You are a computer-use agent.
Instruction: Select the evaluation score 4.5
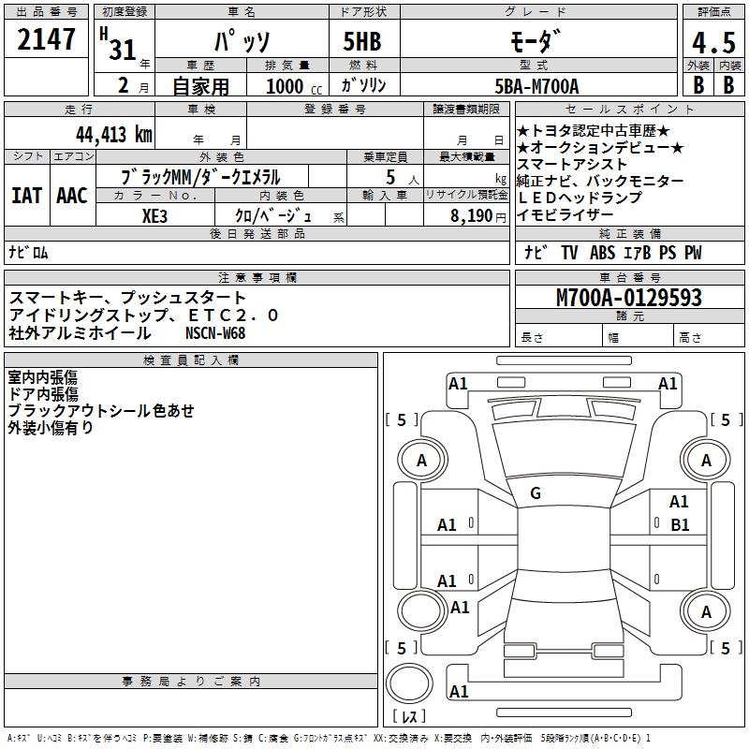(x=713, y=43)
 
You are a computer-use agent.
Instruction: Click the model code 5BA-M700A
(x=536, y=86)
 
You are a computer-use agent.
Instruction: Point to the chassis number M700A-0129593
(x=628, y=299)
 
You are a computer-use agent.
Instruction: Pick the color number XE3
(x=154, y=215)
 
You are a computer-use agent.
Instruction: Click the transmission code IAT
(x=26, y=196)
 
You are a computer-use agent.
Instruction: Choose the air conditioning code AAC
(x=71, y=196)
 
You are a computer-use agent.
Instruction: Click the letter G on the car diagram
(x=536, y=493)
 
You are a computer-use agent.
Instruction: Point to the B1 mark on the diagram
(x=680, y=525)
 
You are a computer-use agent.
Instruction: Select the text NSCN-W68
(x=215, y=332)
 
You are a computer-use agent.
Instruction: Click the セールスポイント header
(x=629, y=110)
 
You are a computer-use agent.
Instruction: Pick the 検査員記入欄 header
(x=191, y=360)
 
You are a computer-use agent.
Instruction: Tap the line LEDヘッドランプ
(x=580, y=198)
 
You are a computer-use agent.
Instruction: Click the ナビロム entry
(x=29, y=253)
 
